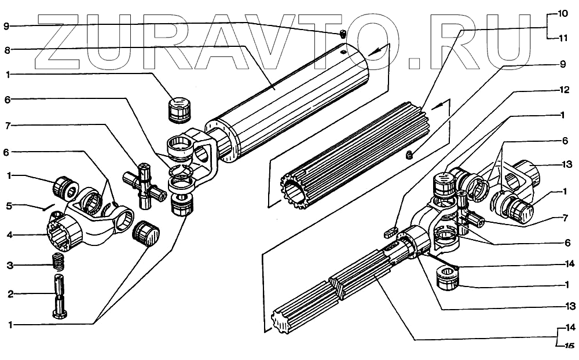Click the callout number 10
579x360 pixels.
(563, 13)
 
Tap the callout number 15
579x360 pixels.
(569, 346)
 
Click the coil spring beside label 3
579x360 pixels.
(58, 263)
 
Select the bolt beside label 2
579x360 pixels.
(59, 295)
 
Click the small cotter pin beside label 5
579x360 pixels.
(47, 207)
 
